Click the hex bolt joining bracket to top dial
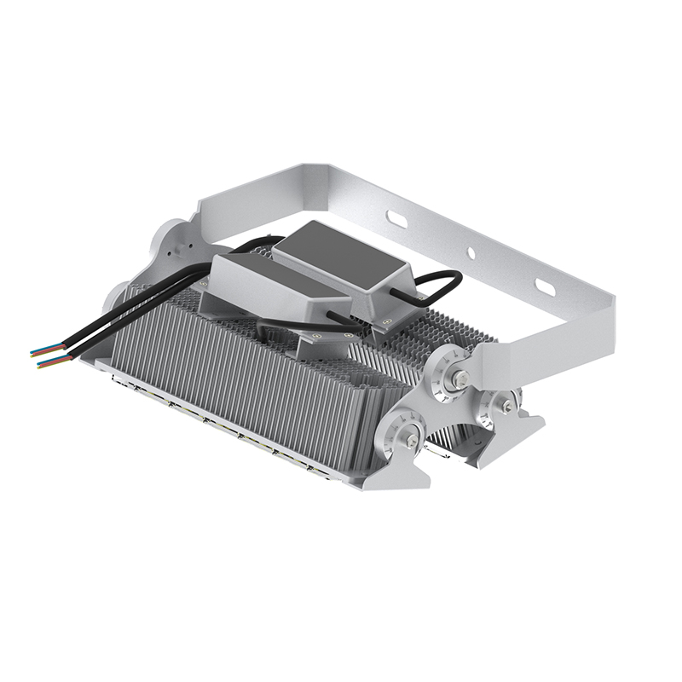click(459, 377)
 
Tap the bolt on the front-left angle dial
click(411, 440)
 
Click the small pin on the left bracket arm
click(179, 251)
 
